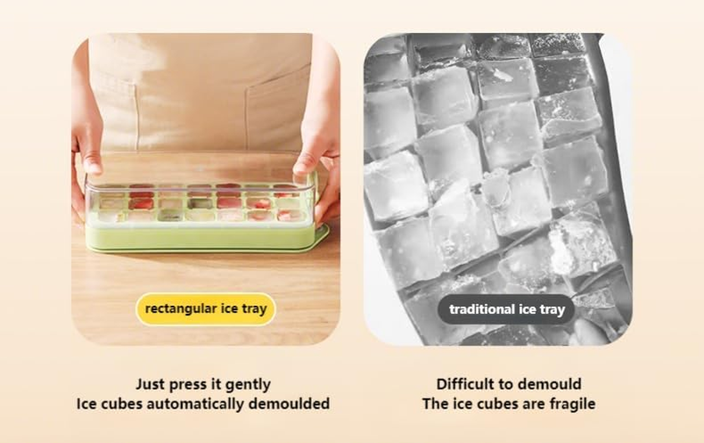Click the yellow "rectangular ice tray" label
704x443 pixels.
pyautogui.click(x=205, y=308)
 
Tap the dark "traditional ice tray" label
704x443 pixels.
pyautogui.click(x=506, y=309)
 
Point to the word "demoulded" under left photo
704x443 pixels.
pyautogui.click(x=289, y=403)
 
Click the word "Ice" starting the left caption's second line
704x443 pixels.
pyautogui.click(x=86, y=403)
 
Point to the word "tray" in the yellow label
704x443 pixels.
pyautogui.click(x=254, y=308)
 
